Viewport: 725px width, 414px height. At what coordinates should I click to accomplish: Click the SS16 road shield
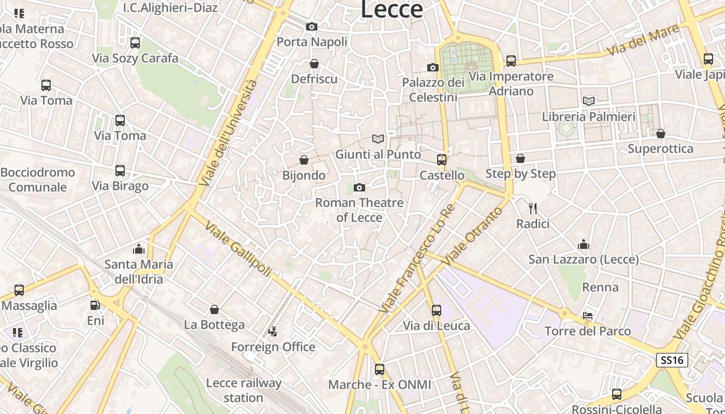click(672, 360)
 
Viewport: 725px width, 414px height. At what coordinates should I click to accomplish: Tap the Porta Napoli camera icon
click(311, 26)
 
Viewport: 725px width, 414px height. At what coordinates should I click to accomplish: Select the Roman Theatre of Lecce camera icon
click(359, 187)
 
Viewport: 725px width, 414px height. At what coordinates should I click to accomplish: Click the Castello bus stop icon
click(441, 160)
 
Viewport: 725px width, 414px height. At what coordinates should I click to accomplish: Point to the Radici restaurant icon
click(532, 209)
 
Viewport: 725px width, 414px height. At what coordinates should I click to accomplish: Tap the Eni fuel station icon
click(95, 305)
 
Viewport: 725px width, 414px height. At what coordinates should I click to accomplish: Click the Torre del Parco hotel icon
click(588, 316)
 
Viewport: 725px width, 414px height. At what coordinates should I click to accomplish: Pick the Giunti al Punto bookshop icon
click(378, 139)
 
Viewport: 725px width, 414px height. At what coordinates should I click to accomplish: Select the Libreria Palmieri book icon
click(588, 101)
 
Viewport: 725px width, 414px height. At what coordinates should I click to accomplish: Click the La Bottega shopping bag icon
click(214, 309)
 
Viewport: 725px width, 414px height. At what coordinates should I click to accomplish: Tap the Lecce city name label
click(392, 9)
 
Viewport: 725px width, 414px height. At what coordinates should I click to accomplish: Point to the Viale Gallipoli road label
click(238, 249)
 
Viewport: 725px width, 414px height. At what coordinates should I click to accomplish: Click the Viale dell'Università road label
click(228, 133)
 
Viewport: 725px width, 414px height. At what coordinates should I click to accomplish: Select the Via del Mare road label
click(643, 40)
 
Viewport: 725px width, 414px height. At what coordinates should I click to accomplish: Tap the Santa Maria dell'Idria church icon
click(138, 249)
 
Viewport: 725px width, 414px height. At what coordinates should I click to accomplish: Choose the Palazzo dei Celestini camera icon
click(433, 67)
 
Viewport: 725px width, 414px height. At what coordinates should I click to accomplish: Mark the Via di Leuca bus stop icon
click(437, 310)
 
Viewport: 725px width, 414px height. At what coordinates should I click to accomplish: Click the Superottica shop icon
click(660, 134)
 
